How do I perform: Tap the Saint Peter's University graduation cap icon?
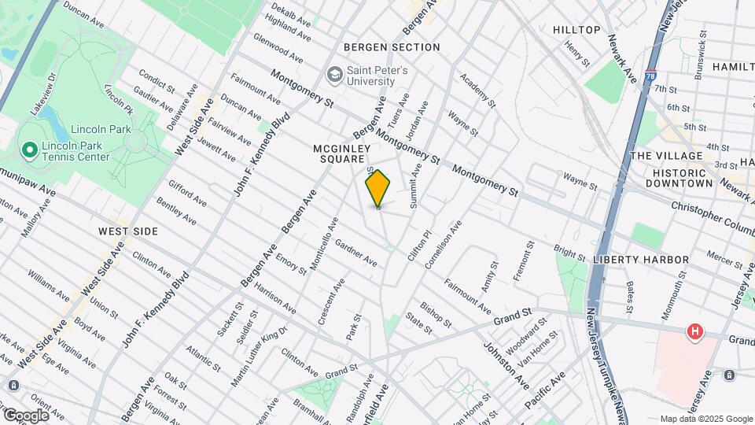[x=334, y=75]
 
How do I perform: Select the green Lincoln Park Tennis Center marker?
[x=29, y=149]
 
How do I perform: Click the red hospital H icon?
[x=694, y=332]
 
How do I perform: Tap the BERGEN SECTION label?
[x=392, y=47]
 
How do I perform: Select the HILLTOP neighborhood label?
[x=576, y=30]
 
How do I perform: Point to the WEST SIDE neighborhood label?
[x=128, y=231]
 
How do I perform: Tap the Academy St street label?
[x=478, y=91]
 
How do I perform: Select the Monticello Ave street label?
[x=323, y=244]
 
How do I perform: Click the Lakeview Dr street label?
[x=45, y=95]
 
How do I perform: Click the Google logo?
[x=27, y=415]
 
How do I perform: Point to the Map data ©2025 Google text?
[x=705, y=419]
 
